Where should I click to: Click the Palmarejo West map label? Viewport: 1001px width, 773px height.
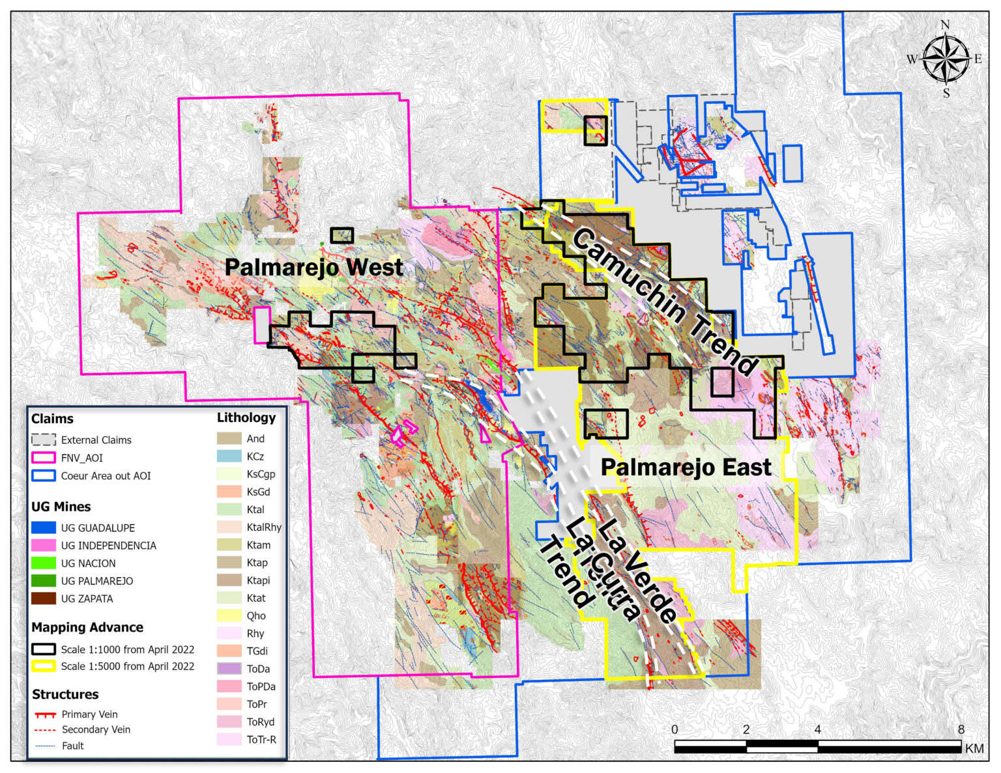[x=313, y=268]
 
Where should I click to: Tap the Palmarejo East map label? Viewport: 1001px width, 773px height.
[x=686, y=468]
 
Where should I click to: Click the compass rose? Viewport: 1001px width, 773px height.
[x=946, y=59]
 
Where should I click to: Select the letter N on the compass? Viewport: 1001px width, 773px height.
[x=945, y=25]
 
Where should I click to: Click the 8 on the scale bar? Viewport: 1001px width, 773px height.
[x=961, y=729]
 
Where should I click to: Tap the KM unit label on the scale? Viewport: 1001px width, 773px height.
[x=974, y=749]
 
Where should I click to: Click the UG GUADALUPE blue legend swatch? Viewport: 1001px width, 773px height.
[x=43, y=527]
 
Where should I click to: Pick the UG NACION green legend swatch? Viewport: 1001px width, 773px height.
[x=43, y=563]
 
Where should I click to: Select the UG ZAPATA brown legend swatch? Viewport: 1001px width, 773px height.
[x=43, y=598]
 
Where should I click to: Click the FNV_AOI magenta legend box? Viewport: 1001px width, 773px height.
[x=43, y=458]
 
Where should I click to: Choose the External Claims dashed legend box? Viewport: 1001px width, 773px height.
[x=43, y=440]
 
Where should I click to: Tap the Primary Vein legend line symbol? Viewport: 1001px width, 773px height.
[x=45, y=714]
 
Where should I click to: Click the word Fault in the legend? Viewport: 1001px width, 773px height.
[x=73, y=746]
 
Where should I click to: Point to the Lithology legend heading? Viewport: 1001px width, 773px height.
[x=246, y=417]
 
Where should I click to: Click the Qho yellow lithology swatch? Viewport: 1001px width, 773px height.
[x=229, y=615]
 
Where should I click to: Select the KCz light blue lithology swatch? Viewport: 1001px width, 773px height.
[x=229, y=457]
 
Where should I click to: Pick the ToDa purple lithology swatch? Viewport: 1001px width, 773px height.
[x=229, y=668]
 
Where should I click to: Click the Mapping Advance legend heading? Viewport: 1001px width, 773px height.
[x=87, y=627]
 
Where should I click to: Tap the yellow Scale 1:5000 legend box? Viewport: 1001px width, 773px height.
[x=43, y=666]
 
